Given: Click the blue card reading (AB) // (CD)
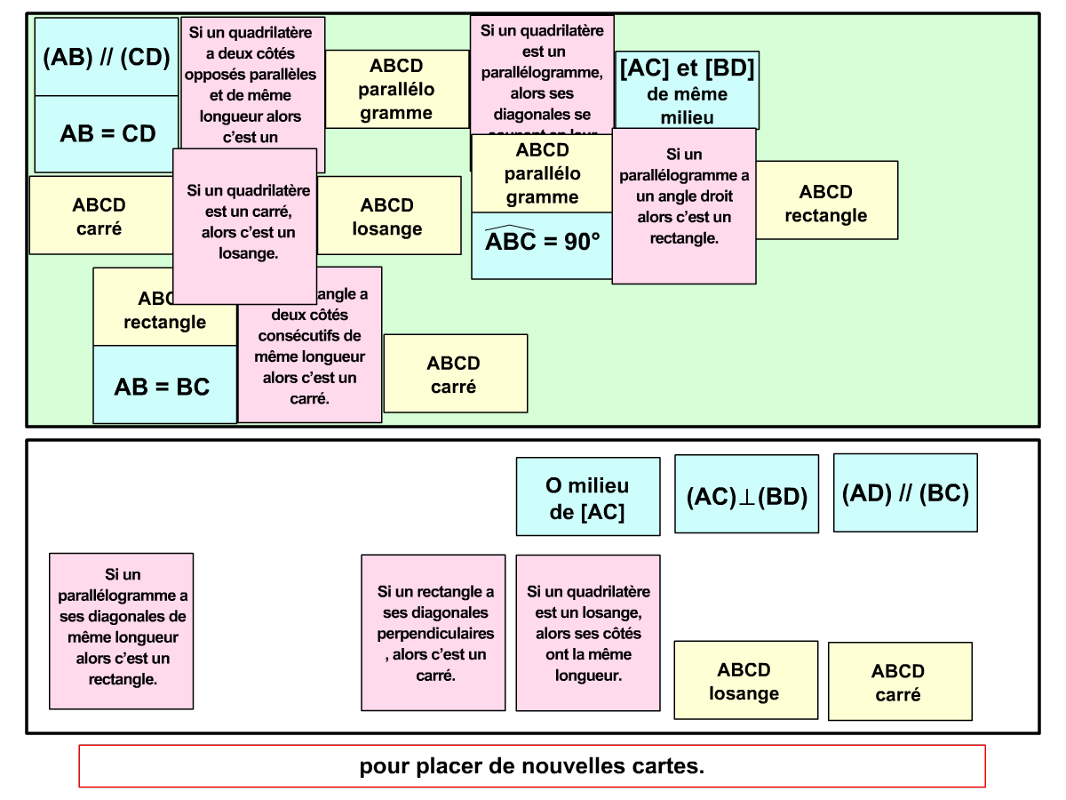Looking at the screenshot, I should [106, 57].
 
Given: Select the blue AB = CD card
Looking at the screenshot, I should [107, 133].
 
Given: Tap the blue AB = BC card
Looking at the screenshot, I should [164, 386].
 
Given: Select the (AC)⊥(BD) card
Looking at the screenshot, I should [746, 494].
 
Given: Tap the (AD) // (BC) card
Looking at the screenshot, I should [905, 492].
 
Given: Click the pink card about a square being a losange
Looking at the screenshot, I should [244, 226].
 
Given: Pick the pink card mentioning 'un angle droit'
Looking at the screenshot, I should [684, 205].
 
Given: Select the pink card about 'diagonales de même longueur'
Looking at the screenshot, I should [121, 631].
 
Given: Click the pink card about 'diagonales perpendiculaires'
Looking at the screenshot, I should [433, 633].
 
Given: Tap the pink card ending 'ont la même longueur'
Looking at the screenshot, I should [588, 633].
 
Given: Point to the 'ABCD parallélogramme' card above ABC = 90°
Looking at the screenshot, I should [542, 173].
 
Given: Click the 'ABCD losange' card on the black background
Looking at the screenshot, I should [745, 680].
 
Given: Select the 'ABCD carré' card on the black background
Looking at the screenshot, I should [900, 682].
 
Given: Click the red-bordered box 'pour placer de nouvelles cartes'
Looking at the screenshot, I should [532, 766].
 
